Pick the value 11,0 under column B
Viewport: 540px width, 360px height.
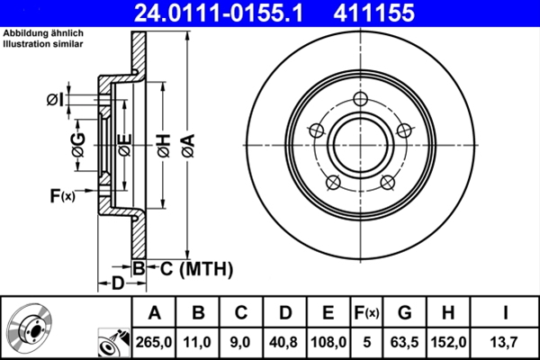coord(199,341)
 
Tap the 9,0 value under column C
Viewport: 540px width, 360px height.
coord(241,341)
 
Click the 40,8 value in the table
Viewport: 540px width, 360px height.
coord(284,341)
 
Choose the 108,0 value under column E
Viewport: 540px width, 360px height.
coord(328,341)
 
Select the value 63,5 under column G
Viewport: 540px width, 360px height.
coord(405,341)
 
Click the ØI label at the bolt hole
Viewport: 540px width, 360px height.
coord(56,98)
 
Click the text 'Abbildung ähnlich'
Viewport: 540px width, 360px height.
coord(41,33)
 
